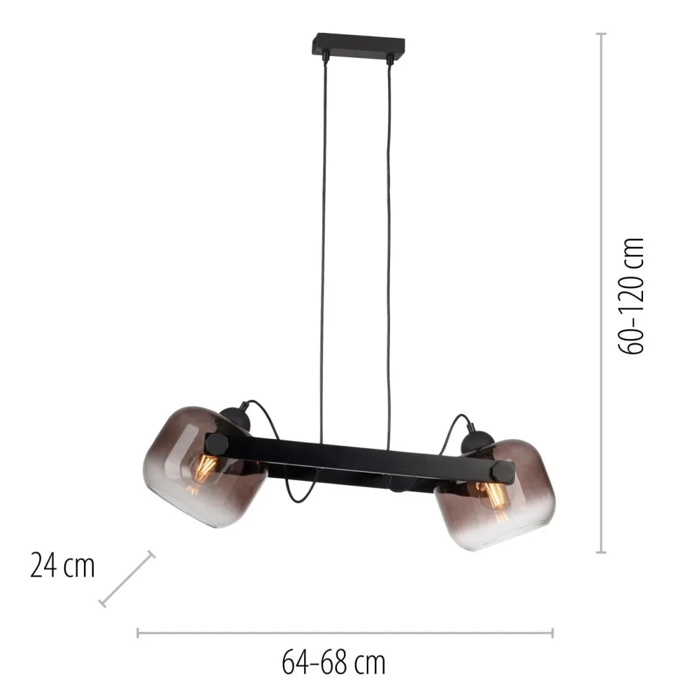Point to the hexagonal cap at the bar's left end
(x=217, y=445)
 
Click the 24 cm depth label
(x=62, y=566)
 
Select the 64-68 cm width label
(x=333, y=663)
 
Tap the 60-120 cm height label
(x=631, y=296)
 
